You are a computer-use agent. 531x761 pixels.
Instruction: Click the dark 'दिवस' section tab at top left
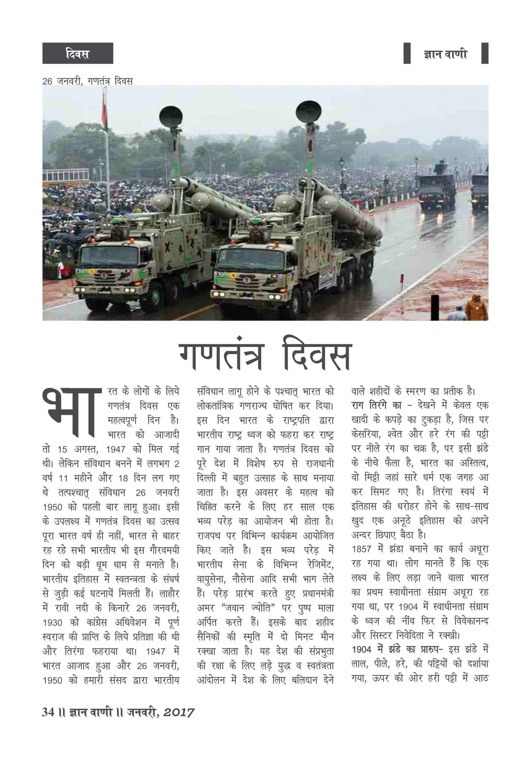[77, 53]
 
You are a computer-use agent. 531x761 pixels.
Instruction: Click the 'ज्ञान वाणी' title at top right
[445, 53]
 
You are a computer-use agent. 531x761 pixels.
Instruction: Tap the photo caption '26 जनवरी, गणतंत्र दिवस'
[88, 81]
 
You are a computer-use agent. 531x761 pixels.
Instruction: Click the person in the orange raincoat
[476, 307]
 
